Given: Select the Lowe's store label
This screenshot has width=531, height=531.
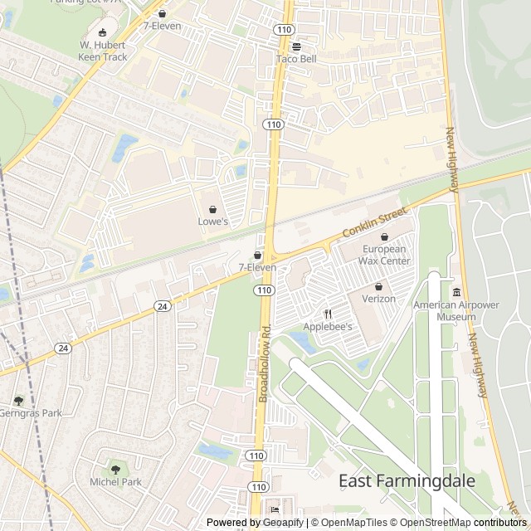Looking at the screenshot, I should pyautogui.click(x=212, y=222).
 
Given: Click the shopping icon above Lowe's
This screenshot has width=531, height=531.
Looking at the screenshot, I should pyautogui.click(x=212, y=208).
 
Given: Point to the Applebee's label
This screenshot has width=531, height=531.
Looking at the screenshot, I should pyautogui.click(x=328, y=327).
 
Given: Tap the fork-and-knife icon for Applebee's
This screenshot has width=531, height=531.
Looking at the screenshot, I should pyautogui.click(x=328, y=314).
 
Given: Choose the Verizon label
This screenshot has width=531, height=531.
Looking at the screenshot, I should pyautogui.click(x=378, y=299).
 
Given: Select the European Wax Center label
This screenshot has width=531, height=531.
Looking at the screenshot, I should pyautogui.click(x=384, y=255).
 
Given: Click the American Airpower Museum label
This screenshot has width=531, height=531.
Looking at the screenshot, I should pyautogui.click(x=456, y=310).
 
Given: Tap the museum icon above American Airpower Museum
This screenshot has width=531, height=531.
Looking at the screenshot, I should pyautogui.click(x=456, y=292).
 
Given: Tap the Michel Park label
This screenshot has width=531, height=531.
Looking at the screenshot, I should pyautogui.click(x=115, y=482).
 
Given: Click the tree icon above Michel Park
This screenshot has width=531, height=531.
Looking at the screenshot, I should pyautogui.click(x=115, y=470).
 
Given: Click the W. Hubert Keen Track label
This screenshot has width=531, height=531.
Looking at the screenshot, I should pyautogui.click(x=103, y=51).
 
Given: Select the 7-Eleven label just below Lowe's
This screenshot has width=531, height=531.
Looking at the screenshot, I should pyautogui.click(x=257, y=268).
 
